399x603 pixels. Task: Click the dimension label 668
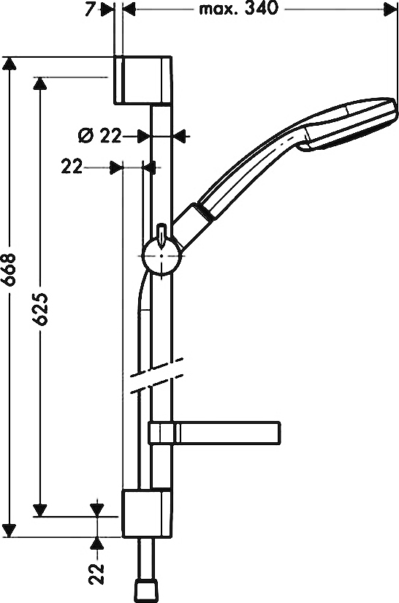[9, 269]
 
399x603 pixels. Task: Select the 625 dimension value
[40, 309]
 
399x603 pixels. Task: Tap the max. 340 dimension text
[238, 9]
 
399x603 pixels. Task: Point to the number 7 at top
[90, 10]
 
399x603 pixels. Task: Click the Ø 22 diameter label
[99, 136]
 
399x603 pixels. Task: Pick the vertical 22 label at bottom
[97, 574]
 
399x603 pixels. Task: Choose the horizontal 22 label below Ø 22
[72, 167]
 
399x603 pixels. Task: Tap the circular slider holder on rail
[161, 255]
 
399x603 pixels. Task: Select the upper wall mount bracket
[143, 80]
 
